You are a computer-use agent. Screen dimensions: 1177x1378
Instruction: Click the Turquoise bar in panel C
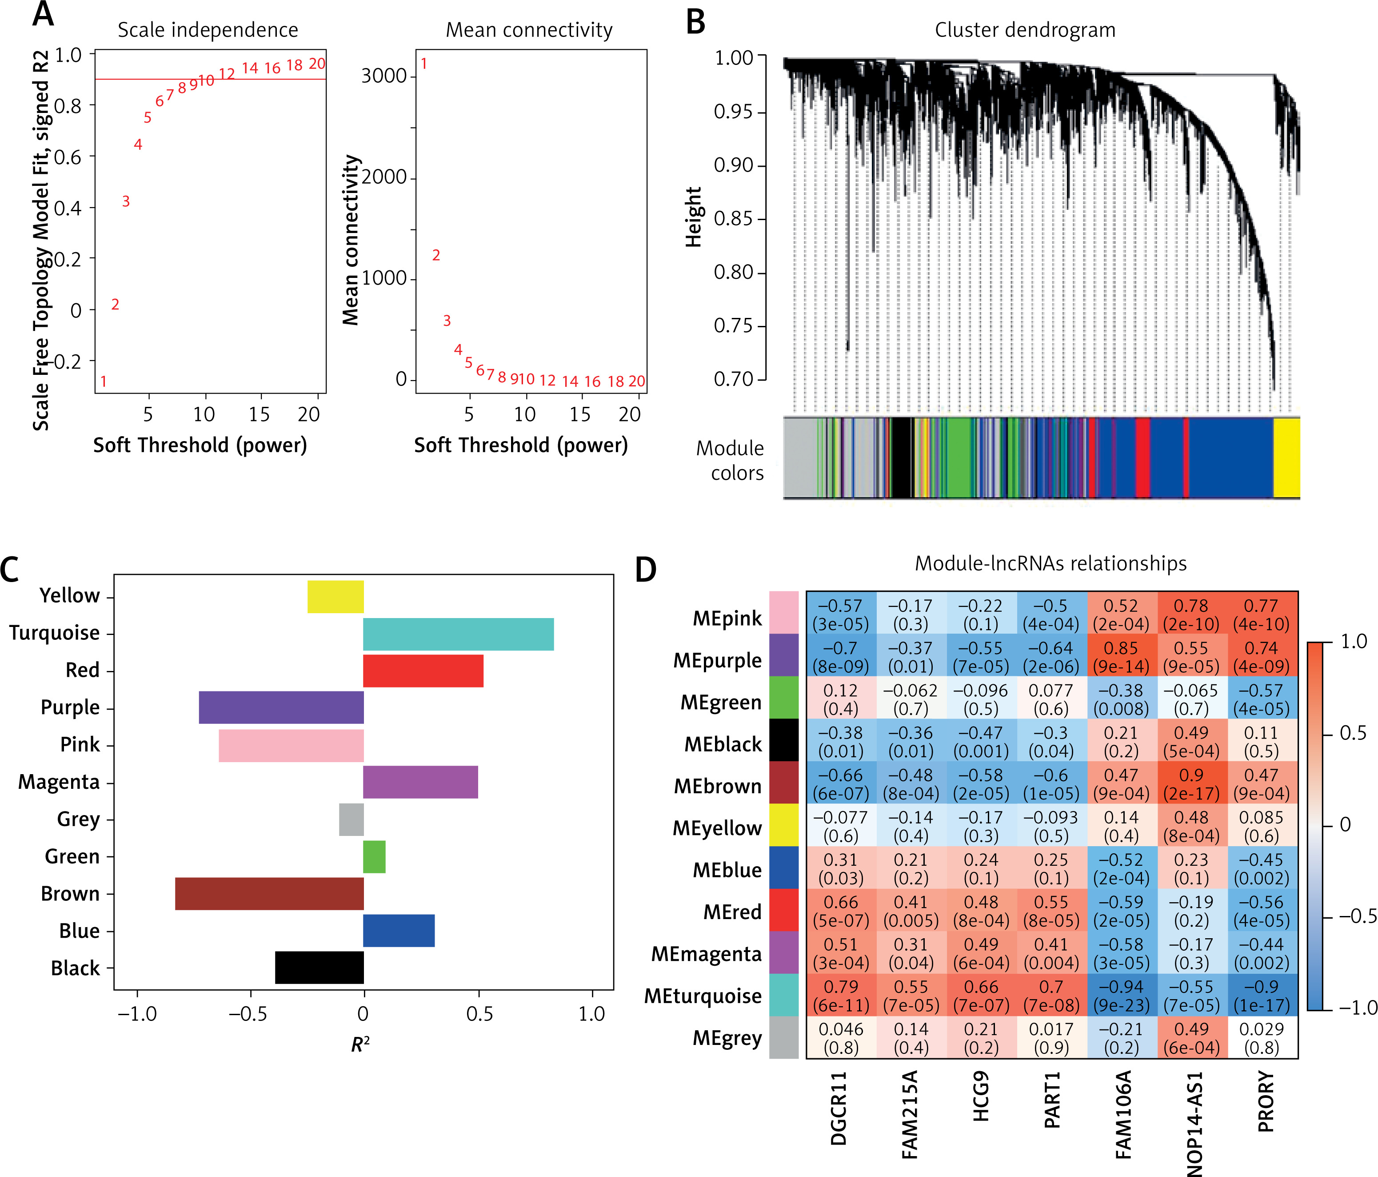(x=458, y=634)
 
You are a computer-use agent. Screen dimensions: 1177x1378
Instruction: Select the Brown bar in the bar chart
(x=269, y=894)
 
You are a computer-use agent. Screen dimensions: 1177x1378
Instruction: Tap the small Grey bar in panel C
(x=351, y=819)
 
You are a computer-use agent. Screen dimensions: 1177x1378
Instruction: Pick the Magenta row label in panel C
(x=59, y=782)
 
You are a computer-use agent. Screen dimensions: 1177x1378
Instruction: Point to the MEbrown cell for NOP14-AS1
(x=1191, y=784)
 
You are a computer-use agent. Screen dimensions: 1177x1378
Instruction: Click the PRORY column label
(x=1266, y=1101)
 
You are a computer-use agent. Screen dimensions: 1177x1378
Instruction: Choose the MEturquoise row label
(x=703, y=996)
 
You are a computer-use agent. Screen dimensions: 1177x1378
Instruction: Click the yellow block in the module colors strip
(x=1286, y=457)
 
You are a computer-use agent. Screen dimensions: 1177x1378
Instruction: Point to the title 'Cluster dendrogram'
(x=1025, y=30)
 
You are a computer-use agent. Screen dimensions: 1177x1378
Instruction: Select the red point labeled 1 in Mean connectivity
(x=423, y=64)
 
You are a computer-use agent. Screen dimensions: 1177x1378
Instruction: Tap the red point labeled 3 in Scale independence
(x=126, y=201)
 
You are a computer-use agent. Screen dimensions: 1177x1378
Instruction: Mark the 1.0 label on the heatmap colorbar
(x=1354, y=642)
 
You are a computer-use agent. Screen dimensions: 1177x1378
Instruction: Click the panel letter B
(x=695, y=22)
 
